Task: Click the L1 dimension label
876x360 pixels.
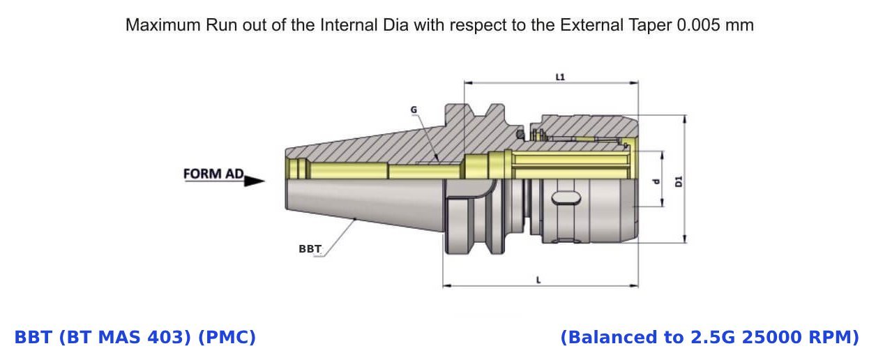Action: [559, 76]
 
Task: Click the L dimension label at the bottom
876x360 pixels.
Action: [538, 279]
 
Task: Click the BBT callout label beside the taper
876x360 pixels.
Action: [310, 248]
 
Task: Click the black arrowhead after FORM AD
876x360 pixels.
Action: [255, 181]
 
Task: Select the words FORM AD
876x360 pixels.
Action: [213, 173]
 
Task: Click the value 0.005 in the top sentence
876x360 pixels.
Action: [702, 25]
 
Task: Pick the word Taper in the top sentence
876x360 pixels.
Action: [651, 25]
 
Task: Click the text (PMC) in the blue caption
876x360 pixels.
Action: [227, 338]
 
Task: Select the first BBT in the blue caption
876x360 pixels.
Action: [33, 338]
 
